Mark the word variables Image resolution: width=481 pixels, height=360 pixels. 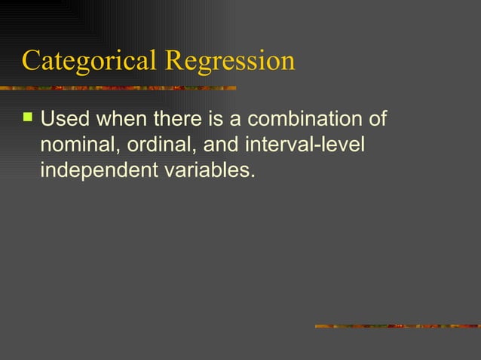click(203, 171)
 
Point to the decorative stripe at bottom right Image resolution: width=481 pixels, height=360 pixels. click(397, 326)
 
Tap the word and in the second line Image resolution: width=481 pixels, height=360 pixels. click(218, 145)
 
